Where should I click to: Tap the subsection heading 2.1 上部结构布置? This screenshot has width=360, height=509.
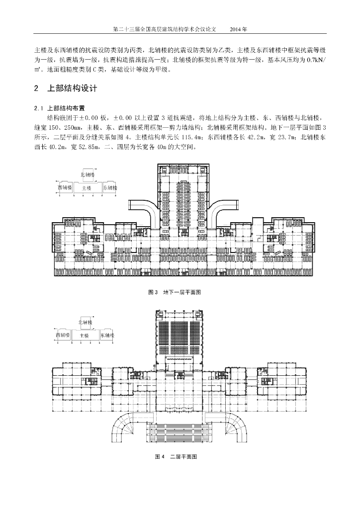click(59, 108)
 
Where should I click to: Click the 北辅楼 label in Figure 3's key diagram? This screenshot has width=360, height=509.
click(88, 175)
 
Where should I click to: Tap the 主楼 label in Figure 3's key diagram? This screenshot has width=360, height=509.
click(87, 188)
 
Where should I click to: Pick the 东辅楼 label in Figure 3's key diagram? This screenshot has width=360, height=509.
click(110, 188)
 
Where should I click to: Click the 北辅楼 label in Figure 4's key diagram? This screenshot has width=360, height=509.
click(86, 322)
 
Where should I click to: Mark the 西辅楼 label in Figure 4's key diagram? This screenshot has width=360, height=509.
click(63, 336)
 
